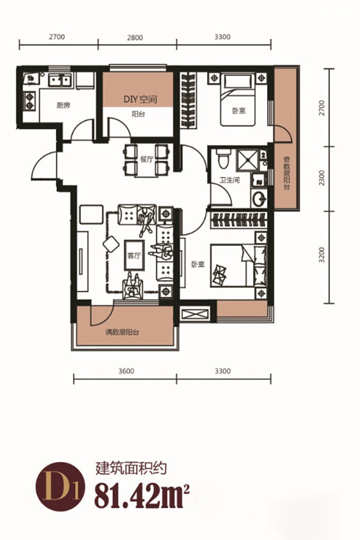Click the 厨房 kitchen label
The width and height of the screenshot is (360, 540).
pos(64,106)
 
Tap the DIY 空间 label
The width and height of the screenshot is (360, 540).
pos(140,100)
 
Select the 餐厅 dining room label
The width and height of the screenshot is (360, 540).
pos(146,160)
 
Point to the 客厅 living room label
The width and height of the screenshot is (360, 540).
pos(134,256)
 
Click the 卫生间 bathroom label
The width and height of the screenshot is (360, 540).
pos(230,180)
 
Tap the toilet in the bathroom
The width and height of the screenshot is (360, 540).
pos(224,159)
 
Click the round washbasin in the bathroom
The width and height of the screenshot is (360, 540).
pos(259,199)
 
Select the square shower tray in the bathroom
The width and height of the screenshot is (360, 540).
pos(248,160)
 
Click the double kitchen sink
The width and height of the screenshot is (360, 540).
pos(59,81)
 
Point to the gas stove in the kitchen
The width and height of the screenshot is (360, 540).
pos(29,101)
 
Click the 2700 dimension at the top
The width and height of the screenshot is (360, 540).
pos(57,37)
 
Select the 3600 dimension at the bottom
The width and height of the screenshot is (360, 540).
pos(126,371)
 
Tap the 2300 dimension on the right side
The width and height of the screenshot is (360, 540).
pos(322,178)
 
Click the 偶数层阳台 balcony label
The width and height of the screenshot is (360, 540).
pos(122,332)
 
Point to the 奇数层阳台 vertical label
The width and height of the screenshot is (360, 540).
pos(287,173)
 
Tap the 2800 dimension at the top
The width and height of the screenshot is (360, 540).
pos(135,38)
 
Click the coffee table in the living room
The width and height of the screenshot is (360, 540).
pos(134,255)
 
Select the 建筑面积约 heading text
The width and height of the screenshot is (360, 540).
pos(131,469)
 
